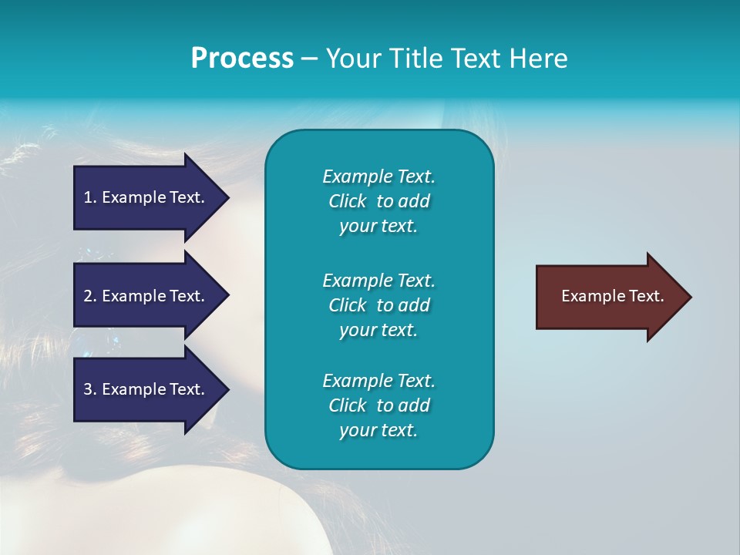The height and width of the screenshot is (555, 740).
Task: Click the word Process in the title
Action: pyautogui.click(x=242, y=59)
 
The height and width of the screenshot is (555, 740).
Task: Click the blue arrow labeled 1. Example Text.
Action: pyautogui.click(x=151, y=197)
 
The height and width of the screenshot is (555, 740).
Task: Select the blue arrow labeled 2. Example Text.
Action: pyautogui.click(x=151, y=295)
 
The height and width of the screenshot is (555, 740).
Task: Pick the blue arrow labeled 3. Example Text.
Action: pyautogui.click(x=151, y=389)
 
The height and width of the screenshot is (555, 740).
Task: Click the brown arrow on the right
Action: pyautogui.click(x=614, y=297)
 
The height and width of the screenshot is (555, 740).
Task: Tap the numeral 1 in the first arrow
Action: pyautogui.click(x=87, y=197)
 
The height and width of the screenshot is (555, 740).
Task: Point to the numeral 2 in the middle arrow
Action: pyautogui.click(x=88, y=296)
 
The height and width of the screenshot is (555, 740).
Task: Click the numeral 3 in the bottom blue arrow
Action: pyautogui.click(x=88, y=389)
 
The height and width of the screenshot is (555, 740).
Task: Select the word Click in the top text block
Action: pyautogui.click(x=348, y=201)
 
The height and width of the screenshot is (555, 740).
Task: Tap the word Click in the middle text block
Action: pyautogui.click(x=348, y=305)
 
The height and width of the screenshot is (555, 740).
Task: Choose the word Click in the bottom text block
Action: pyautogui.click(x=348, y=405)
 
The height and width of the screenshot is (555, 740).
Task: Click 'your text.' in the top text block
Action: pyautogui.click(x=378, y=226)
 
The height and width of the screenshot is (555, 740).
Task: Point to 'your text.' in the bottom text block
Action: pyautogui.click(x=378, y=430)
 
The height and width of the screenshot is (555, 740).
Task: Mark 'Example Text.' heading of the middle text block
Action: pyautogui.click(x=379, y=281)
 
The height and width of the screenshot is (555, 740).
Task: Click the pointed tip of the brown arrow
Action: pyautogui.click(x=691, y=297)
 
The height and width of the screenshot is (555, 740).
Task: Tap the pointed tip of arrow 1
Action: pyautogui.click(x=229, y=197)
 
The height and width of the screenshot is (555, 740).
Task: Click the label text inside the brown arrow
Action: pyautogui.click(x=613, y=296)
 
